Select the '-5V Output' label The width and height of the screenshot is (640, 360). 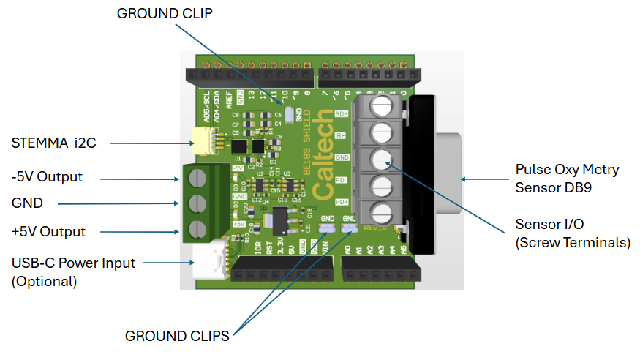48,177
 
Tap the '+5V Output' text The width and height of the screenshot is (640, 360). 49,231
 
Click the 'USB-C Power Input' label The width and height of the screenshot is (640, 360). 74,263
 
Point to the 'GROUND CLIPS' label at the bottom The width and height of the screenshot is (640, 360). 178,336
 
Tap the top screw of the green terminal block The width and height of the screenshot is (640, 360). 197,176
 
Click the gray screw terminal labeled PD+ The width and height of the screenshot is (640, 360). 381,212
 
